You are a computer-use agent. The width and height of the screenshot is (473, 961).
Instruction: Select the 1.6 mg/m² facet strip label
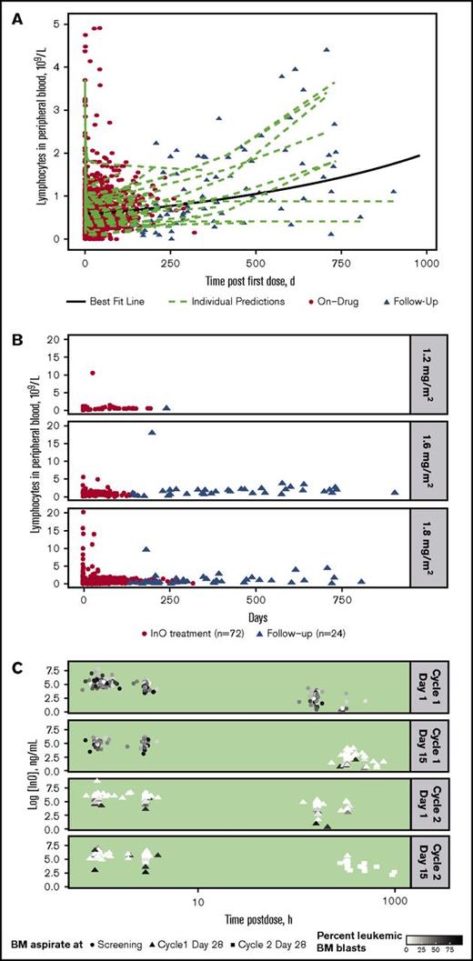[428, 458]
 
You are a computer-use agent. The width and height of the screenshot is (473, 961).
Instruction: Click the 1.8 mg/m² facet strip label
[428, 546]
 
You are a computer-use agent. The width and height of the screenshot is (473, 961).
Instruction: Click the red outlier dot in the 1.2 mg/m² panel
[93, 373]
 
